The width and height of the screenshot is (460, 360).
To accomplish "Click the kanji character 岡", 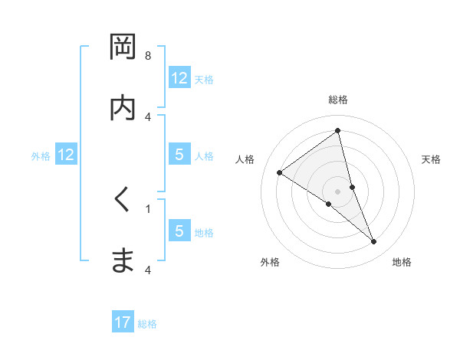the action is pyautogui.click(x=123, y=48).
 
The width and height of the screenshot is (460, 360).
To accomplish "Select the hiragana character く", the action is pyautogui.click(x=123, y=200).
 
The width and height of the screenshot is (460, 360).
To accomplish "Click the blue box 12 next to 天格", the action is pyautogui.click(x=179, y=78).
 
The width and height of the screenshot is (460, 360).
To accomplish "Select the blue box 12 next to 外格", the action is pyautogui.click(x=66, y=155).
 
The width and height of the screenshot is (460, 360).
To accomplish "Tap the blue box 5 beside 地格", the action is pyautogui.click(x=179, y=232).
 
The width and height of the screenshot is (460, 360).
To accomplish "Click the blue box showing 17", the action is pyautogui.click(x=123, y=323).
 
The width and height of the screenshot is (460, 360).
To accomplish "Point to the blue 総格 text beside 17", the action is pyautogui.click(x=147, y=324).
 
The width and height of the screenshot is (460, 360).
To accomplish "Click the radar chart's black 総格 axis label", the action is pyautogui.click(x=338, y=100).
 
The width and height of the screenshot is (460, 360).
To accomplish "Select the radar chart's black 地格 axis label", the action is pyautogui.click(x=402, y=262).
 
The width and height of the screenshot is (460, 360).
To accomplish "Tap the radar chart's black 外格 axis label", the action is pyautogui.click(x=270, y=262).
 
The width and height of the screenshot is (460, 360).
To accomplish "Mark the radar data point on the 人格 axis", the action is pyautogui.click(x=280, y=172).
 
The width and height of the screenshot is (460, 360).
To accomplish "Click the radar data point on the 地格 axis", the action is pyautogui.click(x=374, y=242).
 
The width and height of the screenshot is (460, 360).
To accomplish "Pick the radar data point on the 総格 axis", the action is pyautogui.click(x=338, y=131).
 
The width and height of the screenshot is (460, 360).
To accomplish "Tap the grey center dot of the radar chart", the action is pyautogui.click(x=338, y=190).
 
